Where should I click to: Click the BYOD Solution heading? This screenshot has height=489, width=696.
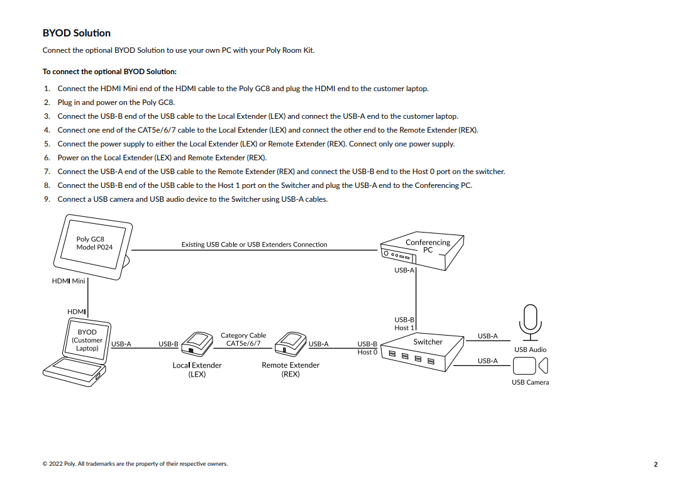click(x=76, y=33)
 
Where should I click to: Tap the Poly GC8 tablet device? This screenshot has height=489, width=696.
click(x=94, y=246)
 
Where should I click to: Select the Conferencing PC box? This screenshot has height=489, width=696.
click(x=423, y=251)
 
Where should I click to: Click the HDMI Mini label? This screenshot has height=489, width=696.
click(x=68, y=281)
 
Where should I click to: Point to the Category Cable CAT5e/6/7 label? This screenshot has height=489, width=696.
click(x=243, y=339)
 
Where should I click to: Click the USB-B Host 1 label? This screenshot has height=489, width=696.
click(x=404, y=324)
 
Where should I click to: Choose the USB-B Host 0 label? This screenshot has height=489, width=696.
click(x=367, y=348)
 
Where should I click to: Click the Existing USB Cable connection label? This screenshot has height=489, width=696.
click(x=254, y=245)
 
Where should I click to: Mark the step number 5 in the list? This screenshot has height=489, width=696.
click(x=47, y=144)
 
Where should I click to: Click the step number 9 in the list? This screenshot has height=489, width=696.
click(x=47, y=199)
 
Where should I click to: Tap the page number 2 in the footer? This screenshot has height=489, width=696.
click(x=655, y=464)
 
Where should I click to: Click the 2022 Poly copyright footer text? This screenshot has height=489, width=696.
click(x=135, y=464)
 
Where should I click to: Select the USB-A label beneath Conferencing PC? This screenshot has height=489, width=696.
click(x=404, y=270)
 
